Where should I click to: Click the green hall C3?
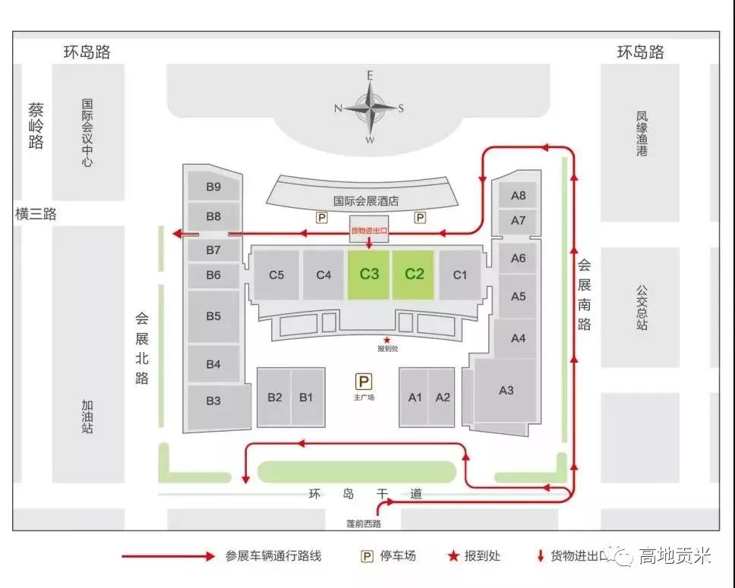click(369, 274)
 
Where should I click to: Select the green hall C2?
click(414, 274)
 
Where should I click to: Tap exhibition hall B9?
click(213, 187)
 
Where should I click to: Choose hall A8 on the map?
click(518, 195)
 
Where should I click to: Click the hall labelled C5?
click(276, 275)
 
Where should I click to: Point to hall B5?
click(213, 316)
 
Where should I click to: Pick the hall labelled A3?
click(506, 390)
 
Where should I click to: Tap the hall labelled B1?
click(306, 397)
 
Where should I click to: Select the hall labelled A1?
click(415, 397)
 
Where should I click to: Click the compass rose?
click(370, 108)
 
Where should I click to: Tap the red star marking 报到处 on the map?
click(386, 339)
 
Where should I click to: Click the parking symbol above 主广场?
click(364, 382)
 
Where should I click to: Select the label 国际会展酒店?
click(366, 202)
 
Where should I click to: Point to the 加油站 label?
click(87, 417)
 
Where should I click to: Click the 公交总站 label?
click(642, 307)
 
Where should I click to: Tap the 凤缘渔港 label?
click(642, 134)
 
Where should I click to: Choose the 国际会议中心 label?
click(87, 130)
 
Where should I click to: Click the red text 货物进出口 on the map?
click(369, 229)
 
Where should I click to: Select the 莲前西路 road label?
click(362, 523)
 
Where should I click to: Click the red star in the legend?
click(453, 556)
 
